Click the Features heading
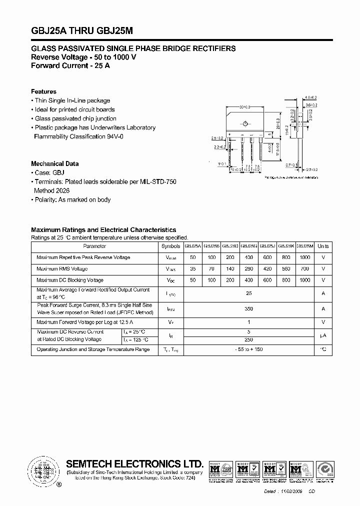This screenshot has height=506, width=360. pos(43,91)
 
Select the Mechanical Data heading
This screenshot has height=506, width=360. pos(54,163)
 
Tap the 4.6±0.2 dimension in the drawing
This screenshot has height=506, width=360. pos(311,97)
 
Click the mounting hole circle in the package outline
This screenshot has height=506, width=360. pos(246,122)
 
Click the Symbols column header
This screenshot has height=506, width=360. pos(171,246)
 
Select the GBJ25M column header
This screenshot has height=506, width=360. pos(304,246)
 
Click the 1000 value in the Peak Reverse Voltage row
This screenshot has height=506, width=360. pos(304,257)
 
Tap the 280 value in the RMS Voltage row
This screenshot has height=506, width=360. pos(248,269)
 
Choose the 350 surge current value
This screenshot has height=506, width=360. pos(248,308)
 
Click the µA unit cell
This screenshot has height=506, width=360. pos(323,336)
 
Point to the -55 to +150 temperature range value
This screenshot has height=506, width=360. pos(248,350)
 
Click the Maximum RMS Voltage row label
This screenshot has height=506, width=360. pos(62,269)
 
